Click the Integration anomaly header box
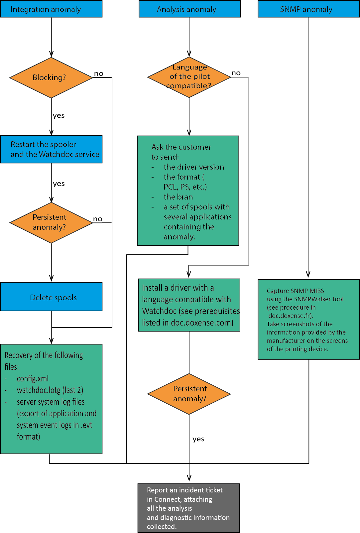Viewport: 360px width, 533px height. click(51, 9)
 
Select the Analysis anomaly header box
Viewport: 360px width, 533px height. click(189, 9)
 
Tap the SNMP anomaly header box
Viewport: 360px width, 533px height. click(308, 9)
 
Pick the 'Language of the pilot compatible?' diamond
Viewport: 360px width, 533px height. click(189, 77)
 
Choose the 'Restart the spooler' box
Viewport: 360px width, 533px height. click(51, 149)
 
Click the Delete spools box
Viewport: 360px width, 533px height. click(51, 297)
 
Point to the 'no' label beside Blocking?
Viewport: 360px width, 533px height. click(99, 73)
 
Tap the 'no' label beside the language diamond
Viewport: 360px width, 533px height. click(236, 73)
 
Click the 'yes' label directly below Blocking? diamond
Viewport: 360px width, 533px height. click(59, 116)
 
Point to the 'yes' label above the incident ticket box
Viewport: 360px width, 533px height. click(198, 439)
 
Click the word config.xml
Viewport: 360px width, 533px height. click(33, 378)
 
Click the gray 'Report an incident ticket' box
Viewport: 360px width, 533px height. click(188, 508)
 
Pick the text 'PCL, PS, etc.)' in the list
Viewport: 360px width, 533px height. click(185, 187)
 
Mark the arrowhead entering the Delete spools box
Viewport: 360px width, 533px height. click(51, 279)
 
